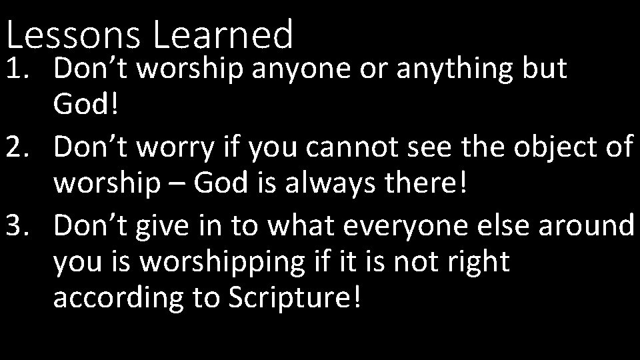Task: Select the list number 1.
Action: point(19,70)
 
